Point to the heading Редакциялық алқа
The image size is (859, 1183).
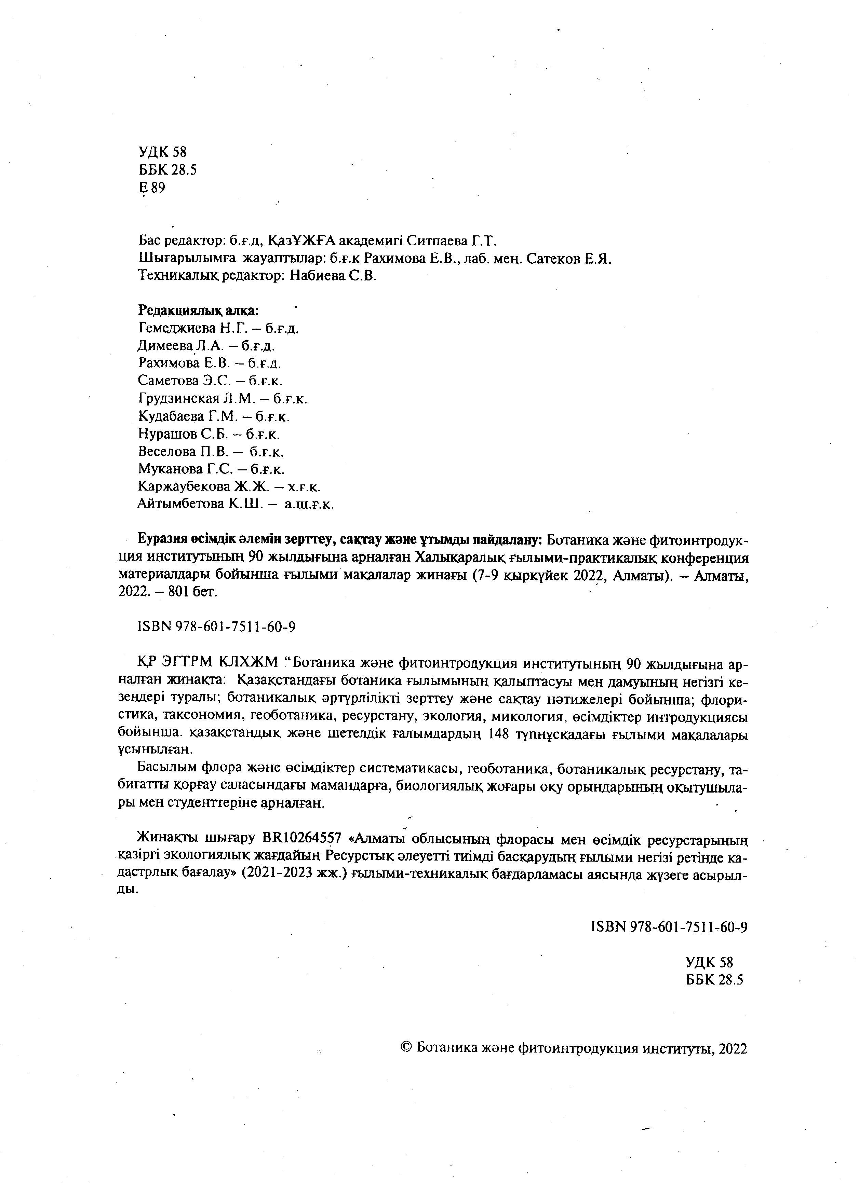coord(198,311)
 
